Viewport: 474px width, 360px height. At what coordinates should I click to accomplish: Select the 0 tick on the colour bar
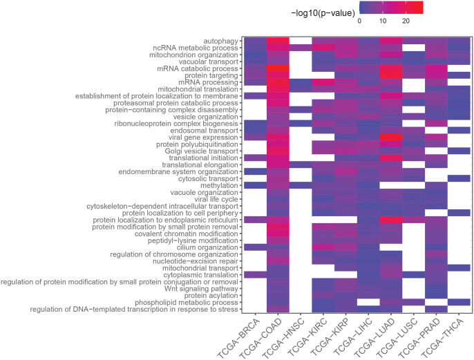pyautogui.click(x=359, y=21)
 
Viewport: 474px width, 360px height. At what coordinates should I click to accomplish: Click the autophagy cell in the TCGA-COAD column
pyautogui.click(x=278, y=41)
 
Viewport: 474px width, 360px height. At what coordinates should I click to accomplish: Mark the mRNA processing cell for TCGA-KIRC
pyautogui.click(x=323, y=82)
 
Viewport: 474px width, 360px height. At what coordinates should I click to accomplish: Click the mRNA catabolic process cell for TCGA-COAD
pyautogui.click(x=278, y=68)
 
